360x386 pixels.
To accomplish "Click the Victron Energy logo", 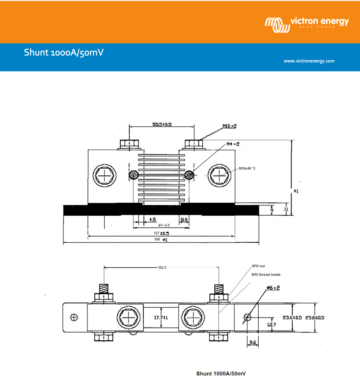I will click(307, 23).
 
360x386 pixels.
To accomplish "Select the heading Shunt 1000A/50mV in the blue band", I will click(64, 52).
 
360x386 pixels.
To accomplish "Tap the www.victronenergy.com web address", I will click(309, 61).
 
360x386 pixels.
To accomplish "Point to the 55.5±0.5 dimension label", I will click(162, 124).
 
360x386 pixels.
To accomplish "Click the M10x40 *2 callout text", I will click(247, 169).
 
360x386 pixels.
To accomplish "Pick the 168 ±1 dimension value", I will click(160, 240).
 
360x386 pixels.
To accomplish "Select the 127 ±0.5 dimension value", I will click(161, 233).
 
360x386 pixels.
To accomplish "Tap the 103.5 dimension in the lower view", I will click(162, 268).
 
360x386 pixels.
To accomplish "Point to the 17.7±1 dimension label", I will click(160, 318).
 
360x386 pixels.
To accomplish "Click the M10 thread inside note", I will click(266, 275).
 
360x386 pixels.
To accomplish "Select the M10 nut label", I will click(258, 266).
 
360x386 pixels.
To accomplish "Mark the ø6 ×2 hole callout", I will click(273, 288).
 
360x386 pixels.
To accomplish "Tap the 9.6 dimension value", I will click(253, 343).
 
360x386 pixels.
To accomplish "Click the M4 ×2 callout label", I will click(233, 144).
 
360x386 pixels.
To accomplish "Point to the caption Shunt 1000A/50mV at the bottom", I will click(221, 374).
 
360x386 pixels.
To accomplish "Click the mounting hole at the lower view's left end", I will click(74, 317).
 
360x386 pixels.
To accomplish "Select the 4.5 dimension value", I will click(152, 220).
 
